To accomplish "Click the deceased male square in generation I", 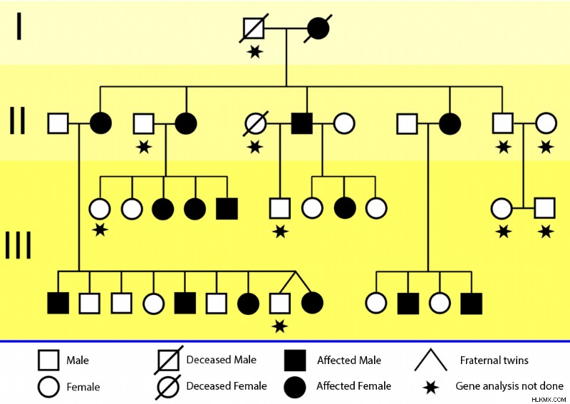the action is pyautogui.click(x=254, y=28).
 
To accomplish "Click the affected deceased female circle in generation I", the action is pyautogui.click(x=318, y=29).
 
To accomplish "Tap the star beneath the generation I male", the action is pyautogui.click(x=255, y=51).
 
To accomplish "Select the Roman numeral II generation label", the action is pyautogui.click(x=17, y=120).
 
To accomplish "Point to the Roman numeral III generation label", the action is pyautogui.click(x=19, y=245).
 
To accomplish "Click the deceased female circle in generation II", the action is pyautogui.click(x=255, y=124).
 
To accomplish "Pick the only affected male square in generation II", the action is pyautogui.click(x=301, y=124).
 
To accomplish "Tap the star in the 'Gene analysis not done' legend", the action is pyautogui.click(x=431, y=388).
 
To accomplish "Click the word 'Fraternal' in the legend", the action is pyautogui.click(x=479, y=361).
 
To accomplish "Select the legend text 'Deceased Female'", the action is pyautogui.click(x=227, y=385).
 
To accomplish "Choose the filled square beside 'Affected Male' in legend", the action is pyautogui.click(x=295, y=361).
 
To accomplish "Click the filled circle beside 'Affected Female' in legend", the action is pyautogui.click(x=295, y=387).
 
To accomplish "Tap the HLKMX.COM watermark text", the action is pyautogui.click(x=549, y=400).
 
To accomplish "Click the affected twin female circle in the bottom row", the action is pyautogui.click(x=312, y=303).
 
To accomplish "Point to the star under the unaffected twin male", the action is pyautogui.click(x=279, y=326).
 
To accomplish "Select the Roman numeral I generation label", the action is pyautogui.click(x=19, y=26).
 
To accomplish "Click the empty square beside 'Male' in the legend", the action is pyautogui.click(x=48, y=361).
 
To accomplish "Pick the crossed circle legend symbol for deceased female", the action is pyautogui.click(x=169, y=387).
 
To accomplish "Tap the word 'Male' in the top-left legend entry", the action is pyautogui.click(x=78, y=361).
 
